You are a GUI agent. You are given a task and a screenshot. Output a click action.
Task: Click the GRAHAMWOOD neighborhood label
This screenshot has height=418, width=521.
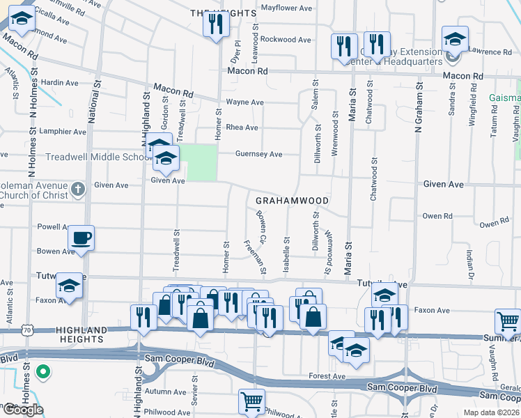click(292, 201)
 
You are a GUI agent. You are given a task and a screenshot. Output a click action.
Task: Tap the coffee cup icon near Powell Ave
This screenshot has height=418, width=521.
click(81, 238)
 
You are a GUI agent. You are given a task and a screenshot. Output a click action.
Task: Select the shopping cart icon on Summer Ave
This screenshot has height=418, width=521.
click(508, 321)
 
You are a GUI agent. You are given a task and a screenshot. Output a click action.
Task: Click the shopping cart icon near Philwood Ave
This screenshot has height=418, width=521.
click(251, 401)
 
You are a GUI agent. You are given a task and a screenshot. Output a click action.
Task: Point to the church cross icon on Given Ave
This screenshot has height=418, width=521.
click(78, 188)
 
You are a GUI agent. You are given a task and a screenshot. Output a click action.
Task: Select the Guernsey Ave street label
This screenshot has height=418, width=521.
click(258, 154)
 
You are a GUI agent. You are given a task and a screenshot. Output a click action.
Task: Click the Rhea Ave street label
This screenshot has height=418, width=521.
click(242, 127)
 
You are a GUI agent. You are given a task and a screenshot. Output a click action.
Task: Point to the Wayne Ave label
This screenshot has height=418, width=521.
click(244, 102)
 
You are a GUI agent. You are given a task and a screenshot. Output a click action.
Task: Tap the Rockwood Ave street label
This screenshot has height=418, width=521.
click(286, 40)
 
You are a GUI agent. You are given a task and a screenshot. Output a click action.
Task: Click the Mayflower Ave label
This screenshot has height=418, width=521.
click(286, 8)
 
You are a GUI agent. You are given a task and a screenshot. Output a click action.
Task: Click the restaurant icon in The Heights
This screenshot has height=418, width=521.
click(215, 24)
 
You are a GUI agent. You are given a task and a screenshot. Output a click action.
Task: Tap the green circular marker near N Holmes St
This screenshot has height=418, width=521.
click(43, 372)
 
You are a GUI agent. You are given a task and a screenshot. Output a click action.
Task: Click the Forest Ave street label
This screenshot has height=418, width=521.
click(327, 376)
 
